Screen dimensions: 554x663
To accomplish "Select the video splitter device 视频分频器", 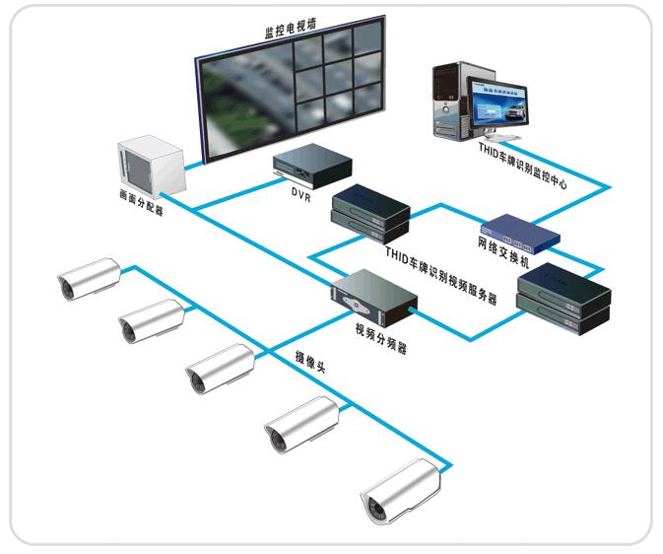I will click(x=371, y=300).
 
